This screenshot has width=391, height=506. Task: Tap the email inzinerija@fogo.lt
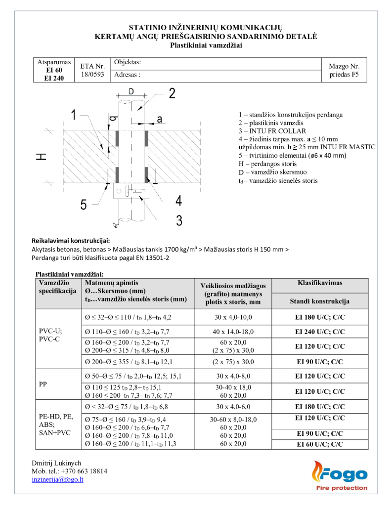click(x=57, y=479)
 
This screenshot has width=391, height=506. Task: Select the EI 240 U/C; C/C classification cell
click(x=320, y=332)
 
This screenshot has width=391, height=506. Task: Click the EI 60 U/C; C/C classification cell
click(x=320, y=444)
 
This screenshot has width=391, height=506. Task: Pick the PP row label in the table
click(x=43, y=383)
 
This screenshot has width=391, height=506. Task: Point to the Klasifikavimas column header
click(x=320, y=283)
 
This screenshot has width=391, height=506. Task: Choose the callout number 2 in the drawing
click(x=172, y=94)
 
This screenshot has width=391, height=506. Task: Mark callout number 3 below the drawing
click(x=179, y=219)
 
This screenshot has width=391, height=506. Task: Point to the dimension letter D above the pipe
click(x=131, y=91)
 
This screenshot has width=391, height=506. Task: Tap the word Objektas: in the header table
click(x=128, y=62)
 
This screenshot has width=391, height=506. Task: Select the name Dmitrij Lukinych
click(x=56, y=463)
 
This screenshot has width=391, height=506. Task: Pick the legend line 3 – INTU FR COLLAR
click(x=272, y=131)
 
